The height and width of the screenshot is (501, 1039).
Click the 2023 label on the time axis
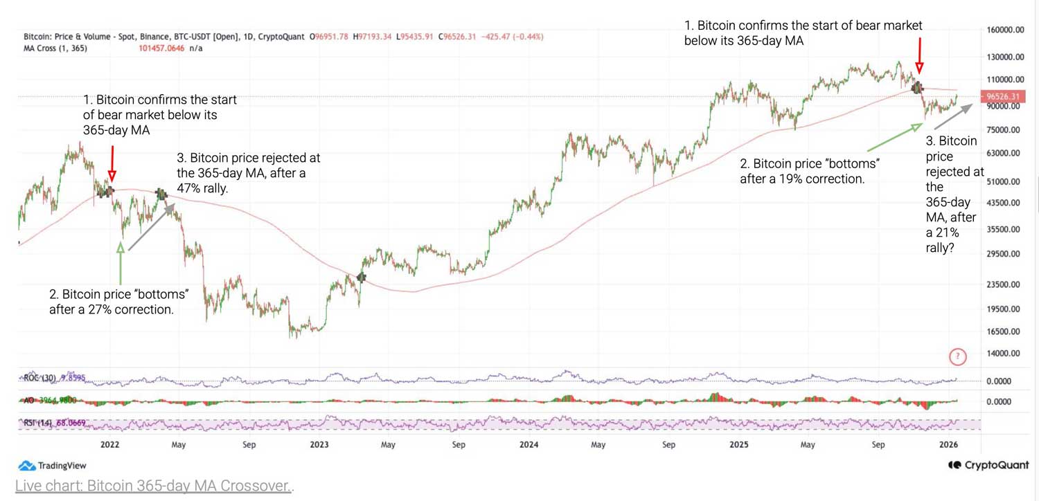(319, 445)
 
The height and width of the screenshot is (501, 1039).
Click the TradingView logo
(43, 466)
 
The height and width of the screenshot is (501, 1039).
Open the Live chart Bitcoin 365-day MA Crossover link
(153, 486)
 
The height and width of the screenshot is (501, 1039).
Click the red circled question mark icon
(958, 357)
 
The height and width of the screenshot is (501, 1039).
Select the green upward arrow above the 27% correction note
(121, 263)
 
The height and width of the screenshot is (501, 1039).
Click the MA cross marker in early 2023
(361, 277)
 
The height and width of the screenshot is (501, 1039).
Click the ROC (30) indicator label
(39, 378)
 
